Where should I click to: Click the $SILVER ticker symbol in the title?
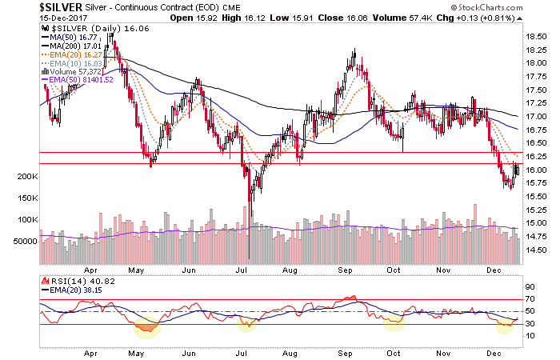click(x=25, y=7)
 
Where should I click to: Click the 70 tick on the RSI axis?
click(x=528, y=299)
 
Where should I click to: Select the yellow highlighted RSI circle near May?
click(x=146, y=326)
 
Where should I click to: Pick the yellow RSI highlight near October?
click(x=394, y=322)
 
